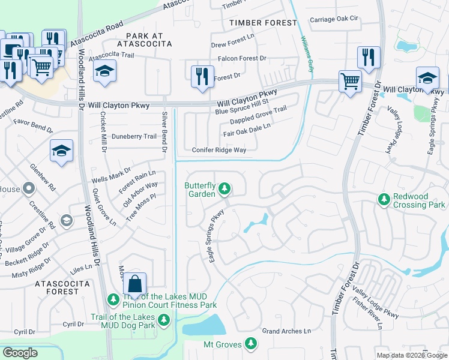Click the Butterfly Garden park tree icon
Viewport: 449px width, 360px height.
click(x=224, y=190)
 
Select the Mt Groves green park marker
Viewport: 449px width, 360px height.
click(x=251, y=344)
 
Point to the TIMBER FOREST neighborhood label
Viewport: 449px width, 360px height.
click(x=263, y=23)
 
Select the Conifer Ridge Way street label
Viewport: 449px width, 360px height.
click(x=219, y=150)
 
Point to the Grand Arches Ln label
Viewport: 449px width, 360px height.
click(x=286, y=331)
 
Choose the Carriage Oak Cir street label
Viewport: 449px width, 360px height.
click(x=334, y=19)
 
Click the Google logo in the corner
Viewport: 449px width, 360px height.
click(x=20, y=352)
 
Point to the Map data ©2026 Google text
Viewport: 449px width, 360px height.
click(x=411, y=355)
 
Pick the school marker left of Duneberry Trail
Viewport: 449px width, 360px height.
click(x=61, y=152)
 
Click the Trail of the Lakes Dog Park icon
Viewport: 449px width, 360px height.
click(x=163, y=325)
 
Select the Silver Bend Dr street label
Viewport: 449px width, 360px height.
click(x=165, y=131)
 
